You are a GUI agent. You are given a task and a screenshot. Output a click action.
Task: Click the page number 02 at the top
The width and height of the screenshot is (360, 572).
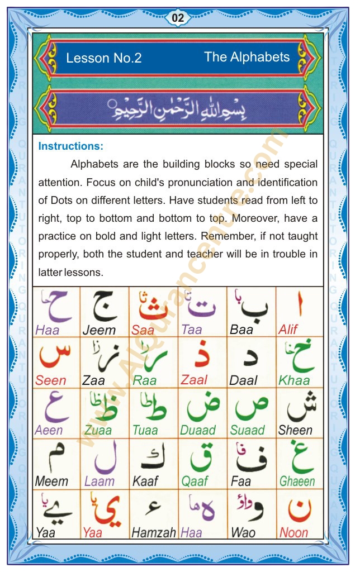178,18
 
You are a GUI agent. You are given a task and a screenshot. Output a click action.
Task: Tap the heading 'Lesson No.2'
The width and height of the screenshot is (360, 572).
103,58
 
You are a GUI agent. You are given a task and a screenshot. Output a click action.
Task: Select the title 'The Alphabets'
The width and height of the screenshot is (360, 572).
247,56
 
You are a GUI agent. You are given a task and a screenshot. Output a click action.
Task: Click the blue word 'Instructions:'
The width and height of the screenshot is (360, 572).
71,146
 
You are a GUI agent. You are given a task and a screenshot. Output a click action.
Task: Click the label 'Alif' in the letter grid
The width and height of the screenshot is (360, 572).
288,330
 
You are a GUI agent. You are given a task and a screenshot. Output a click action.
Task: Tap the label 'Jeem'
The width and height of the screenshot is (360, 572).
99,330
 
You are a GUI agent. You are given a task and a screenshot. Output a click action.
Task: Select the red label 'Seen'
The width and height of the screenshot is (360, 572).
51,380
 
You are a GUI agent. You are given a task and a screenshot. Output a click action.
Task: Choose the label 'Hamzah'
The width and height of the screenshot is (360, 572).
154,532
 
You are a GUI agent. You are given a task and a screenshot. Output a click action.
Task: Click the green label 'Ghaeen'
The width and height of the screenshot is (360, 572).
297,482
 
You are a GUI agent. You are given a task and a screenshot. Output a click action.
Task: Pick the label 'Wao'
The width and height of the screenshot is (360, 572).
243,532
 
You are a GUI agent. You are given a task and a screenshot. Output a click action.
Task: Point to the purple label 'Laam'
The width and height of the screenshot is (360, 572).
100,482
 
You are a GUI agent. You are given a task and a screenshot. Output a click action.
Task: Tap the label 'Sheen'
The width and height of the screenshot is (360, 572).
295,431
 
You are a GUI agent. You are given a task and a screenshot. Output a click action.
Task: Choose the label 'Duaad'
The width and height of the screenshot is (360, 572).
198,431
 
